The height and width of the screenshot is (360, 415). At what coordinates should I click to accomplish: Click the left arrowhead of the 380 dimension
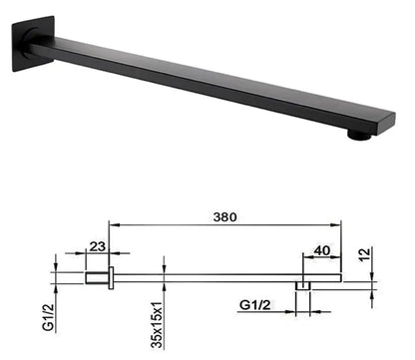tap(112, 225)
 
